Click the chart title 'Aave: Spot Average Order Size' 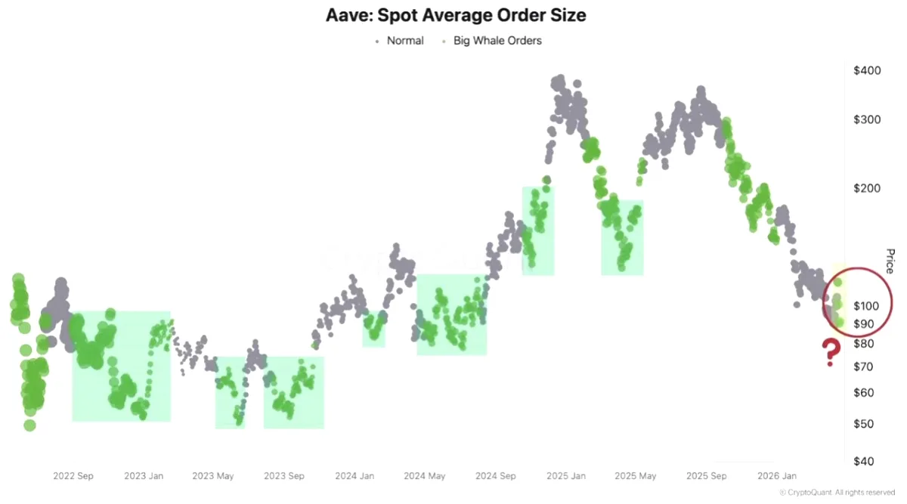pyautogui.click(x=456, y=15)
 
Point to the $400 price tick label pyautogui.click(x=867, y=70)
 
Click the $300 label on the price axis pyautogui.click(x=867, y=119)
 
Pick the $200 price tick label pyautogui.click(x=867, y=188)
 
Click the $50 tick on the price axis pyautogui.click(x=863, y=424)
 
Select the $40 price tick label pyautogui.click(x=863, y=461)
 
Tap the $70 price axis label pyautogui.click(x=863, y=366)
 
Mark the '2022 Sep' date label pyautogui.click(x=73, y=476)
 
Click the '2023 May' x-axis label pyautogui.click(x=213, y=476)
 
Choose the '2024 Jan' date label pyautogui.click(x=354, y=476)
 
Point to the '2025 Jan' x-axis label pyautogui.click(x=566, y=476)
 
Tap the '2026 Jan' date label pyautogui.click(x=777, y=476)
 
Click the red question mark pyautogui.click(x=831, y=353)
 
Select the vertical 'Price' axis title pyautogui.click(x=890, y=261)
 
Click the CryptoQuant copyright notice pyautogui.click(x=837, y=493)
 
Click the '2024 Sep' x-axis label pyautogui.click(x=496, y=476)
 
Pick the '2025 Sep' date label pyautogui.click(x=707, y=476)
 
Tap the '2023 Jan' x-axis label pyautogui.click(x=144, y=476)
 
